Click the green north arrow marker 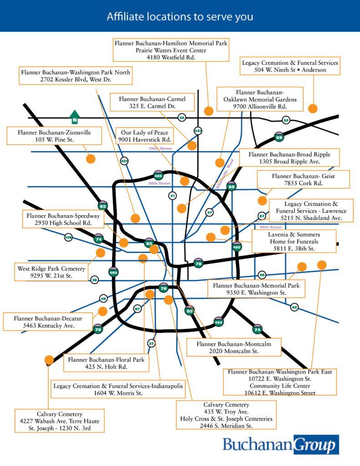click(x=75, y=116)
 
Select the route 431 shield click(x=198, y=131)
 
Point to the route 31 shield click(x=172, y=196)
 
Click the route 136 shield click(x=68, y=237)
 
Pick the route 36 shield click(x=94, y=280)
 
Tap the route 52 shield click(x=294, y=307)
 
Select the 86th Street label click(x=159, y=183)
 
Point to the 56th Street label click(x=270, y=227)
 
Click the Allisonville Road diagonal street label click(x=224, y=175)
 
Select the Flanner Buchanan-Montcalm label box click(x=233, y=348)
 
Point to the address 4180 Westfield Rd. click(x=171, y=58)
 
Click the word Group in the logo click(x=316, y=444)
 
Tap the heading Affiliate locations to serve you click(x=180, y=17)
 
